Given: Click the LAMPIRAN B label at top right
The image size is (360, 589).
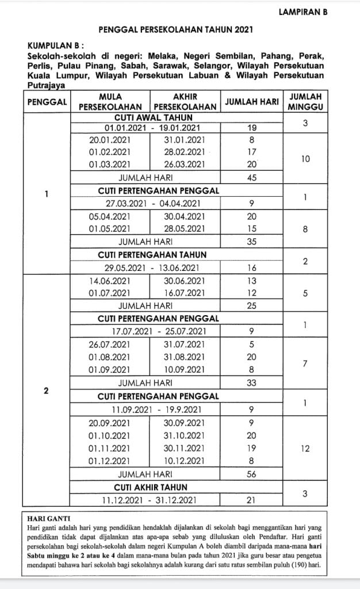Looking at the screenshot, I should click(x=303, y=11).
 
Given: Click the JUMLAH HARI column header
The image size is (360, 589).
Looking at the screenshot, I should click(x=251, y=102).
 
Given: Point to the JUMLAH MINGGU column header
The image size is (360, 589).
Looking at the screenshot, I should click(x=305, y=101).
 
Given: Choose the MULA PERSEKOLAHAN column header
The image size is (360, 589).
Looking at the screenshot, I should click(x=110, y=101).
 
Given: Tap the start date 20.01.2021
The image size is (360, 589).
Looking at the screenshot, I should click(x=109, y=140).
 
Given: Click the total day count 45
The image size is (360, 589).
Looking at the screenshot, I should click(x=251, y=177).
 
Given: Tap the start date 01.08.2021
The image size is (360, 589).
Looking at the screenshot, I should click(x=109, y=357).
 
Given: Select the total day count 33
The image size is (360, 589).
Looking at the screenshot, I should click(x=251, y=382).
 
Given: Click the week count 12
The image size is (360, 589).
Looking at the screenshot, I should click(x=305, y=449).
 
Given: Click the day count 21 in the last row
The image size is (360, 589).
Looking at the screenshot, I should click(x=251, y=500).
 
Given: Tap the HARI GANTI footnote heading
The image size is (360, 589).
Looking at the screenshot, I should click(x=47, y=518).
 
